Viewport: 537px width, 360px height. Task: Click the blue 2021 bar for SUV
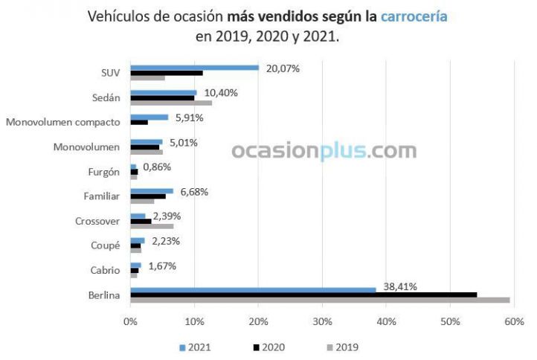point(194,68)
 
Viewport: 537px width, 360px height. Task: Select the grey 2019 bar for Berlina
point(320,300)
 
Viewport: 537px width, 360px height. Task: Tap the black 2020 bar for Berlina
point(303,295)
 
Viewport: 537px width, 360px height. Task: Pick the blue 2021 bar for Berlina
point(253,289)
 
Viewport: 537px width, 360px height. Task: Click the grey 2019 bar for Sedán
point(171,103)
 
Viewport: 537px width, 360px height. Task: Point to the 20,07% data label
point(284,68)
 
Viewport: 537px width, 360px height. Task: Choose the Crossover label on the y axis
point(97,221)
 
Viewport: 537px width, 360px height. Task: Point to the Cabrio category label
point(105,270)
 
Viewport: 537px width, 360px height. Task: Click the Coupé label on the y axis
point(105,245)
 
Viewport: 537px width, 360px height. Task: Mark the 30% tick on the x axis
point(322,321)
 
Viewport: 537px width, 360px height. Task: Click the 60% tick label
point(513,321)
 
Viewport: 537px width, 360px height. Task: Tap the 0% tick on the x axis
point(130,321)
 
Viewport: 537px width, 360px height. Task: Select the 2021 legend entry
point(194,347)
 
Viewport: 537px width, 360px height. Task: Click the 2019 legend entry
point(341,347)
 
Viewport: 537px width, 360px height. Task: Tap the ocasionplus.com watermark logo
point(324,151)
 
